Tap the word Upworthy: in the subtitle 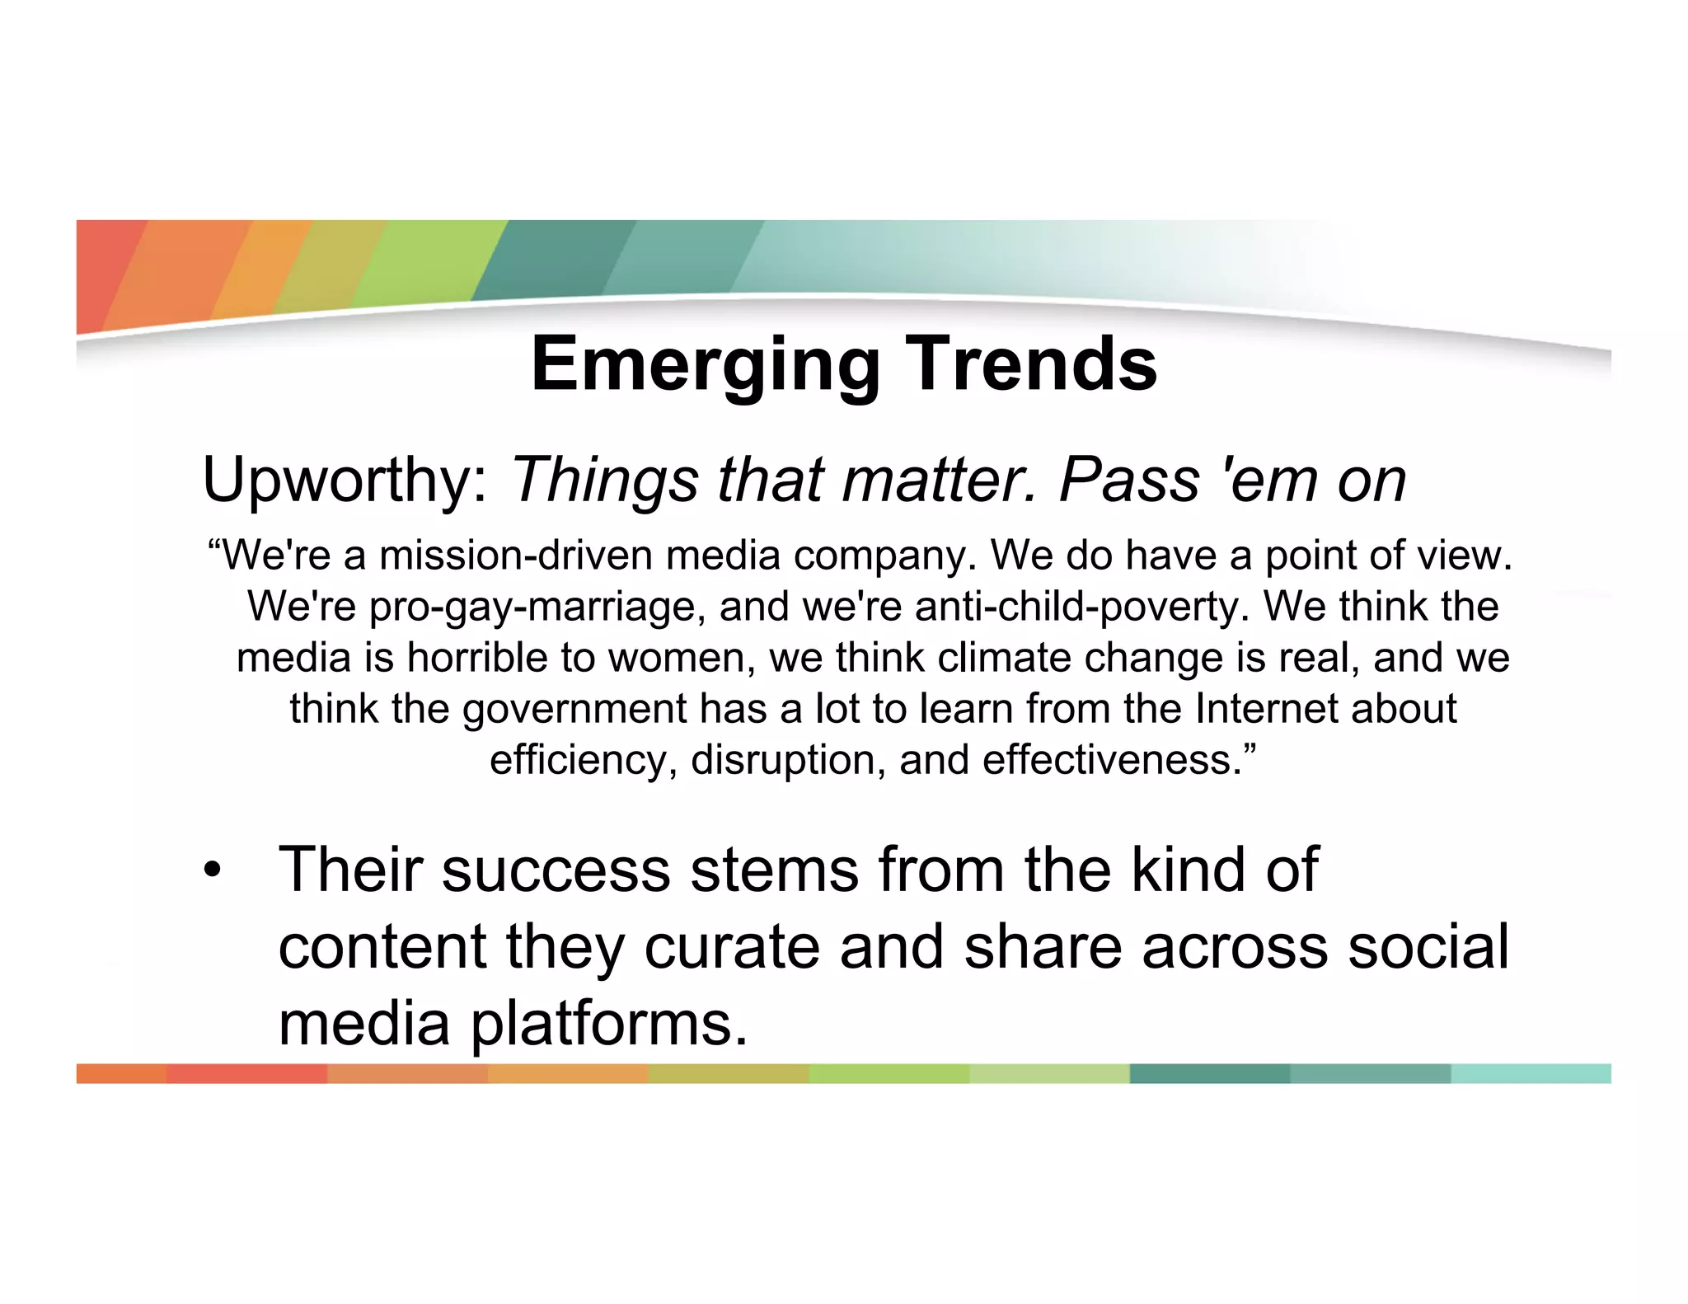pos(346,481)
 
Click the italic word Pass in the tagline pos(1129,481)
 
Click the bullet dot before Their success pos(213,871)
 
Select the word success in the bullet pos(556,870)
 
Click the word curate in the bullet pos(731,947)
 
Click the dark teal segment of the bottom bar pos(1209,1073)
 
